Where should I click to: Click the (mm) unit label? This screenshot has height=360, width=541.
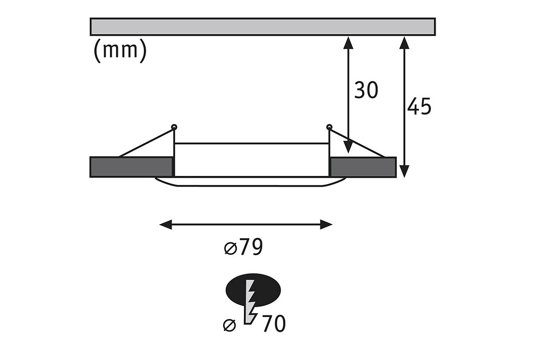tap(120, 51)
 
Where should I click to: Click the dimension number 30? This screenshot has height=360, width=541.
tap(366, 91)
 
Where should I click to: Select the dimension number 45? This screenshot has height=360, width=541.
tap(419, 107)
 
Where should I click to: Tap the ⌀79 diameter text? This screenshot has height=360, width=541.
tap(243, 248)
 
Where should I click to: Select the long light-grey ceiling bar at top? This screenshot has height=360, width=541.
tap(262, 27)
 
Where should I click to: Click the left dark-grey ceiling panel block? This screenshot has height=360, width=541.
tap(131, 167)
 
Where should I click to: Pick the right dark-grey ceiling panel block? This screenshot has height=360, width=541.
tap(363, 167)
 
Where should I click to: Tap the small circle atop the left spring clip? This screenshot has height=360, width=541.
tap(174, 127)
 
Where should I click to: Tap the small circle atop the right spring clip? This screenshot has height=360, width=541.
tap(329, 127)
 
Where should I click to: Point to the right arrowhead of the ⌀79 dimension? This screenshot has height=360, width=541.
tap(326, 224)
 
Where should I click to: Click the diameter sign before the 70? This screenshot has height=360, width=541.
tap(229, 325)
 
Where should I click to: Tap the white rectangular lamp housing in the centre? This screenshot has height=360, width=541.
tap(252, 160)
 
